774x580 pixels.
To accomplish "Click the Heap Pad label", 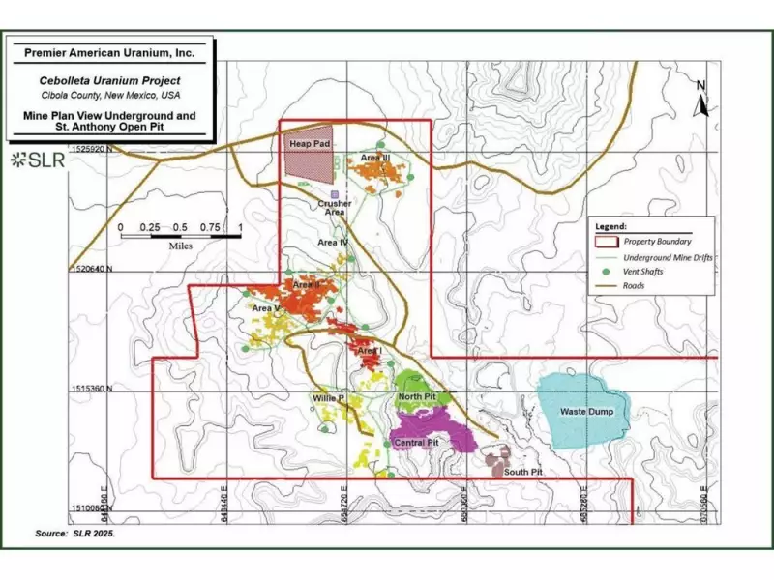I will pos(304,144).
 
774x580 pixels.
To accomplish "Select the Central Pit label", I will pos(417,442).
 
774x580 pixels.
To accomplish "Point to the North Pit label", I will pos(417,396).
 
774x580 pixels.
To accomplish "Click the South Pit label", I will pos(522,472).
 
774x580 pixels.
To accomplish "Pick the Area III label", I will pos(375,157).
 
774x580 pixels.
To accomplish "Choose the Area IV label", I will pos(332,242).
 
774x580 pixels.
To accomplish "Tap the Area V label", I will pos(266,308).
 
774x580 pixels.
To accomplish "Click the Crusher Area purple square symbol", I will pos(334,194).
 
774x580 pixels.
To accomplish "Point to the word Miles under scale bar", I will pos(180,246).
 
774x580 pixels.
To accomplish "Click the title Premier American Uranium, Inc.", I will pos(109,55).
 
